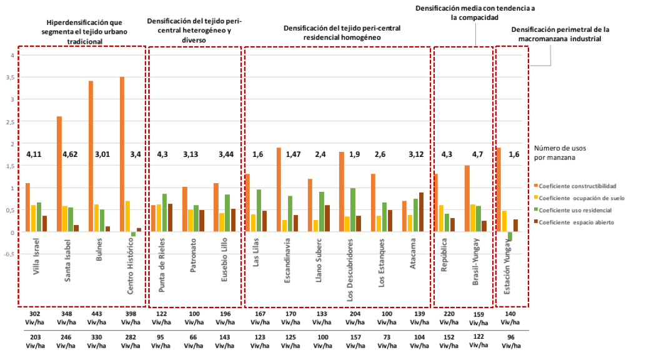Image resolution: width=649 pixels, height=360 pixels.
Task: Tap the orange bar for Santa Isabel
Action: (x=59, y=174)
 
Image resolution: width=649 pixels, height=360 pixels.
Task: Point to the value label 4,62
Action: (x=68, y=154)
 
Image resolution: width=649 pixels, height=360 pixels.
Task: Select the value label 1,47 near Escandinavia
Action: (x=293, y=154)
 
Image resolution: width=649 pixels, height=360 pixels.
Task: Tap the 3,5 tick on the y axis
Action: (x=9, y=77)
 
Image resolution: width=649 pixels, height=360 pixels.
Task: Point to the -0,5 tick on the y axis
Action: (x=8, y=254)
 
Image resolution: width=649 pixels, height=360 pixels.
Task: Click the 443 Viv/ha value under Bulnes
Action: (x=97, y=318)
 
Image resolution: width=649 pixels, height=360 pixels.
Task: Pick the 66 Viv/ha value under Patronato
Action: (x=192, y=341)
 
